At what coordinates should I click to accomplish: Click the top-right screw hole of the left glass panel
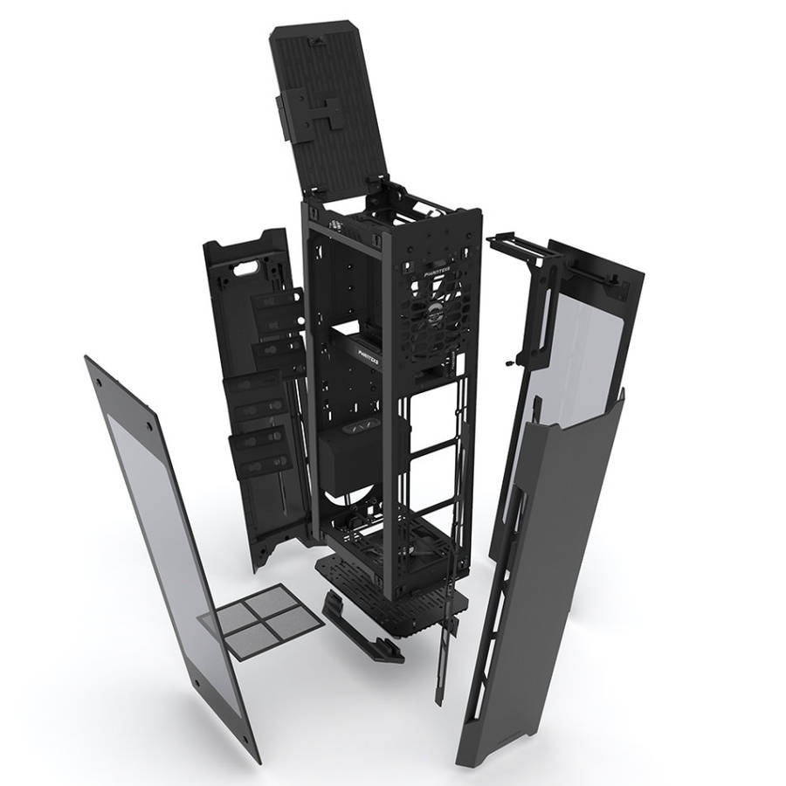(x=148, y=427)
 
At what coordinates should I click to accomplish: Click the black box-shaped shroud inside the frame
(x=358, y=454)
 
